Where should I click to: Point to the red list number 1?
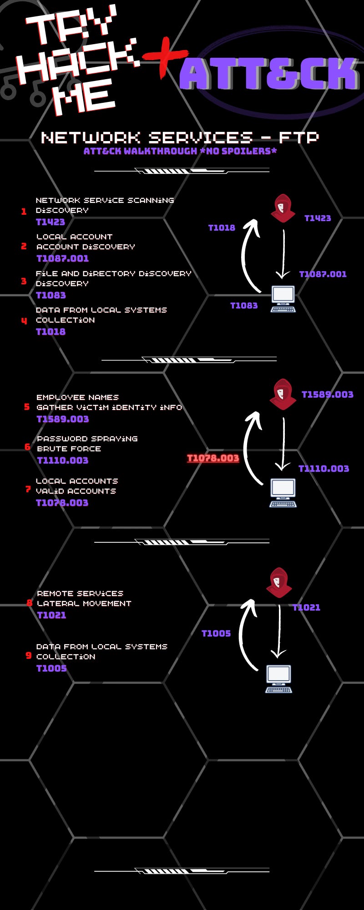24,212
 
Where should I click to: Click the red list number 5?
27,407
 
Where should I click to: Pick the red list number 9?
29,656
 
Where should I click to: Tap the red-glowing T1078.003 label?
213,458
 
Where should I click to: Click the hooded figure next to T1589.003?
283,394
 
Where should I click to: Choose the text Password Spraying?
87,439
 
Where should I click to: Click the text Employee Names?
77,397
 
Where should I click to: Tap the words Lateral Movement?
84,603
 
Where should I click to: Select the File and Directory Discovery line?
114,273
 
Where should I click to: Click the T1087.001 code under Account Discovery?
63,258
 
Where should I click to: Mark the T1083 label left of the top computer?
244,306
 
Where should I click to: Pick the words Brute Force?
69,449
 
